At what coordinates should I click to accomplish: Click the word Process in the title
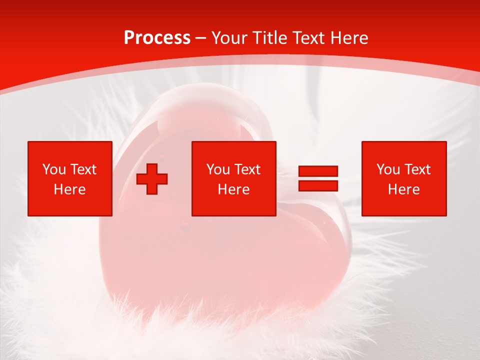click(x=157, y=38)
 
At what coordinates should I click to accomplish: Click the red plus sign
click(x=152, y=179)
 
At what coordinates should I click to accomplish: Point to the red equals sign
click(x=318, y=178)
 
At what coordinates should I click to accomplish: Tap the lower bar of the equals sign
click(x=318, y=185)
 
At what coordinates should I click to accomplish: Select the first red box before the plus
click(x=70, y=178)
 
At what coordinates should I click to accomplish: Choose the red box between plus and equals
click(x=234, y=178)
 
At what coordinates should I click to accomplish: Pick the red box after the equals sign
click(x=404, y=178)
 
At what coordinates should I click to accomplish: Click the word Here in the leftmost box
click(x=69, y=189)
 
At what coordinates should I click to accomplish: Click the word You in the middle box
click(x=218, y=169)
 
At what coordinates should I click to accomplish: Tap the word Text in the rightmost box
click(x=417, y=169)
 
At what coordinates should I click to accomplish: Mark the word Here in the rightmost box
click(x=403, y=189)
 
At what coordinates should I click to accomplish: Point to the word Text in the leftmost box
click(x=83, y=169)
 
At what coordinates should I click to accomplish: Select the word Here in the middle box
click(x=233, y=189)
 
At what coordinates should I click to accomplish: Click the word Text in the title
click(x=306, y=38)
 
